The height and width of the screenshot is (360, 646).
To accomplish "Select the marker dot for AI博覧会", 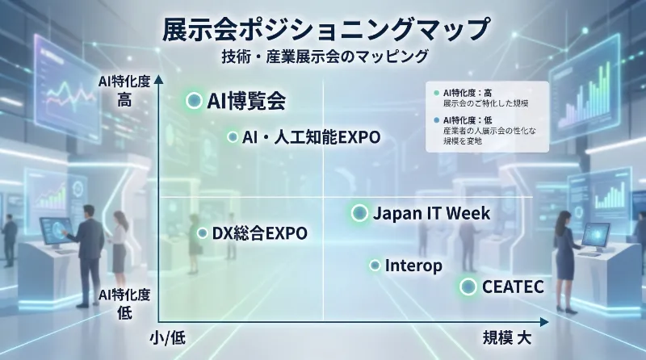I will click(194, 101).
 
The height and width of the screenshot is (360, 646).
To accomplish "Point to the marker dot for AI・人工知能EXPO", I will click(233, 137).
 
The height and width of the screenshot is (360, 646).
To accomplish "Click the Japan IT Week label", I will click(431, 213).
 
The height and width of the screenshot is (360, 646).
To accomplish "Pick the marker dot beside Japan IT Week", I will click(359, 213).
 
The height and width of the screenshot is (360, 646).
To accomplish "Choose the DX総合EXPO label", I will click(259, 233).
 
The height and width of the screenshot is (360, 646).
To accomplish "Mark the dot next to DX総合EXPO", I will click(202, 233).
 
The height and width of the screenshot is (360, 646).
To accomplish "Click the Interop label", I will click(413, 265).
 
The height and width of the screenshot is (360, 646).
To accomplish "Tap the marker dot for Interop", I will click(375, 265).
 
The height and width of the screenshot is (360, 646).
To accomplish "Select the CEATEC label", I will click(513, 287).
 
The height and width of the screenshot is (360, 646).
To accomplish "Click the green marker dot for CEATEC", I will click(468, 287).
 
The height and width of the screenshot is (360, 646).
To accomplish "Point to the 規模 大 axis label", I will click(506, 338).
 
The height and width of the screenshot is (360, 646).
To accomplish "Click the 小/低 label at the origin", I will click(168, 338).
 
